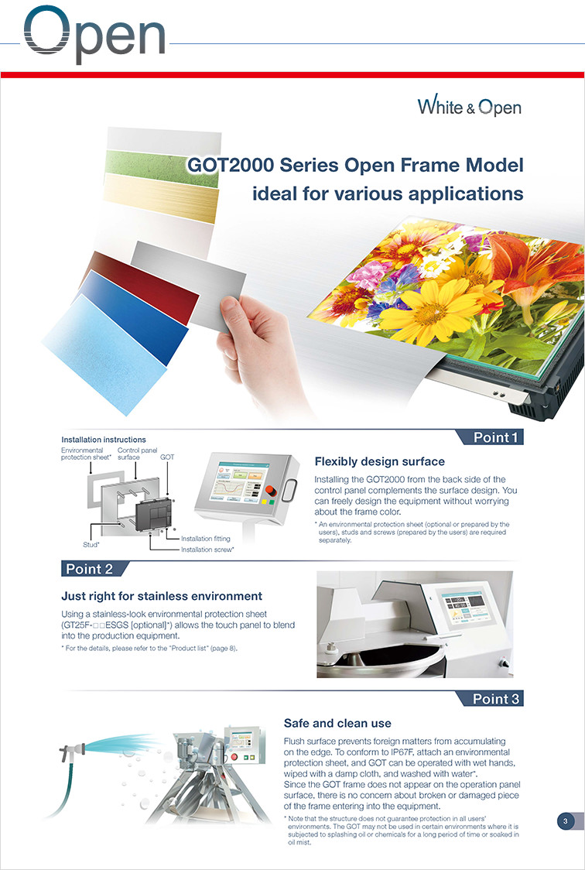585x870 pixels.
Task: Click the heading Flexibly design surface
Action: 379,461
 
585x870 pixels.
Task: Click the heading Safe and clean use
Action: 337,723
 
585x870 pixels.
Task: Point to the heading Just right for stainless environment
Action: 162,597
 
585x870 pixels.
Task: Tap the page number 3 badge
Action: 566,821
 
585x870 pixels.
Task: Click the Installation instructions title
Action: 104,440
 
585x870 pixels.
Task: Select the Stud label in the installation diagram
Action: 91,545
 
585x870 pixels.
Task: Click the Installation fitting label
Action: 206,538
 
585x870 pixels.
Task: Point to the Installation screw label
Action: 207,550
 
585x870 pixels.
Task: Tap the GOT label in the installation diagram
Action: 167,457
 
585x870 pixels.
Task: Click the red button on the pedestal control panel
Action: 271,491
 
